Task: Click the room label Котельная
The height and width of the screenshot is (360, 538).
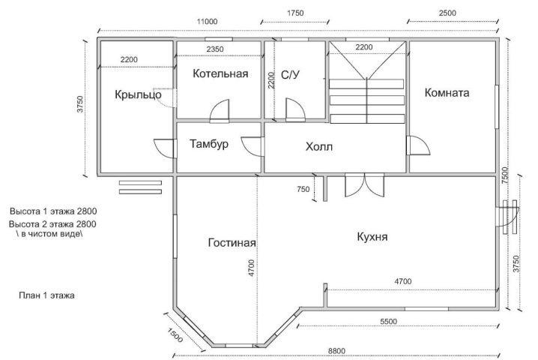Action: pyautogui.click(x=220, y=73)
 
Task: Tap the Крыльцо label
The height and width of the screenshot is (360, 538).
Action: pyautogui.click(x=138, y=94)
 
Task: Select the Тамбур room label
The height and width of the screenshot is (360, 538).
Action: pyautogui.click(x=208, y=143)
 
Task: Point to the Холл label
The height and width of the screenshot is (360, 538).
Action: pyautogui.click(x=319, y=147)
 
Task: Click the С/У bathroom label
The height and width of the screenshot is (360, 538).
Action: pyautogui.click(x=290, y=74)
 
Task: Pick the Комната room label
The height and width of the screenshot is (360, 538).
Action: pyautogui.click(x=447, y=93)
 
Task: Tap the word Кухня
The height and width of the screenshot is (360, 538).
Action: pyautogui.click(x=372, y=237)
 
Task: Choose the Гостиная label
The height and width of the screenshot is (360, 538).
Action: pyautogui.click(x=232, y=243)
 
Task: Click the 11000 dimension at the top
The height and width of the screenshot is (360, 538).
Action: pyautogui.click(x=207, y=22)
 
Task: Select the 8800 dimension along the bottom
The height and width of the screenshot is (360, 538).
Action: pyautogui.click(x=336, y=351)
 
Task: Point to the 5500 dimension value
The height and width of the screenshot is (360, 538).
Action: pyautogui.click(x=388, y=322)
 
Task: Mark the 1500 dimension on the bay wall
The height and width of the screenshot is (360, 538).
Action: pyautogui.click(x=175, y=335)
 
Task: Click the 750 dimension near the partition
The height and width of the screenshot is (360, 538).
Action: pyautogui.click(x=303, y=189)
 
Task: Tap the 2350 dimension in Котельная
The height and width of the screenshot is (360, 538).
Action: pyautogui.click(x=215, y=49)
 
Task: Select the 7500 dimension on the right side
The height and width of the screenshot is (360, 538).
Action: pyautogui.click(x=505, y=175)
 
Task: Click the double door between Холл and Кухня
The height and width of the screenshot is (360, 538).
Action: pyautogui.click(x=365, y=185)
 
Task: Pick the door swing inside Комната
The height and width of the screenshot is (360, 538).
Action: pyautogui.click(x=418, y=145)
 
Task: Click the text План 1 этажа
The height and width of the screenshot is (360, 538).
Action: pyautogui.click(x=46, y=295)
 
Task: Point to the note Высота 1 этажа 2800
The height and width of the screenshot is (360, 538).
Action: pyautogui.click(x=53, y=211)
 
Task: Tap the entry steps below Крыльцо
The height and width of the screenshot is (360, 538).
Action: pyautogui.click(x=140, y=187)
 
